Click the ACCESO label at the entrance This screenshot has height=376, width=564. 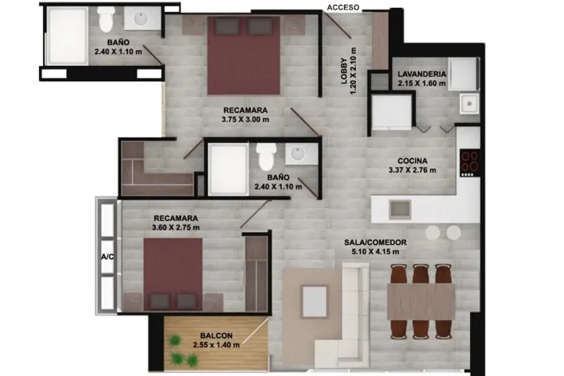tap(343, 7)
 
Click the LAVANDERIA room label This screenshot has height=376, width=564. tap(422, 74)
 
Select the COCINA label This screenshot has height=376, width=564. tap(412, 161)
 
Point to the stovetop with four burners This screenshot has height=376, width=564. tap(469, 163)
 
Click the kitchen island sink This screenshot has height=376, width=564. tap(400, 210)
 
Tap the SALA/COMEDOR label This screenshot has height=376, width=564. tap(375, 242)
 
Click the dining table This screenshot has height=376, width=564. tap(421, 301)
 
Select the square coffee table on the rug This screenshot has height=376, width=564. tap(315, 300)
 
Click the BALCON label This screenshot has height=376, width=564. tap(216, 335)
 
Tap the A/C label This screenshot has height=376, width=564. tap(107, 257)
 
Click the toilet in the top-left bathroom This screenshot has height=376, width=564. tap(106, 19)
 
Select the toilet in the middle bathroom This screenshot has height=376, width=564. tap(267, 156)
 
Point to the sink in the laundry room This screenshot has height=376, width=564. tap(469, 103)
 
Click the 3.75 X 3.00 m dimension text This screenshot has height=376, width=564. tap(245, 119)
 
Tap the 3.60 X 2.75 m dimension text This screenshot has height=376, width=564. tap(176, 227)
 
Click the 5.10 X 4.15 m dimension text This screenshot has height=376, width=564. tap(375, 251)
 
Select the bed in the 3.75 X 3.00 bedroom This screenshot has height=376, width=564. tap(244, 56)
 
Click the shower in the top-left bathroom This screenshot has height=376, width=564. tap(68, 36)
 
